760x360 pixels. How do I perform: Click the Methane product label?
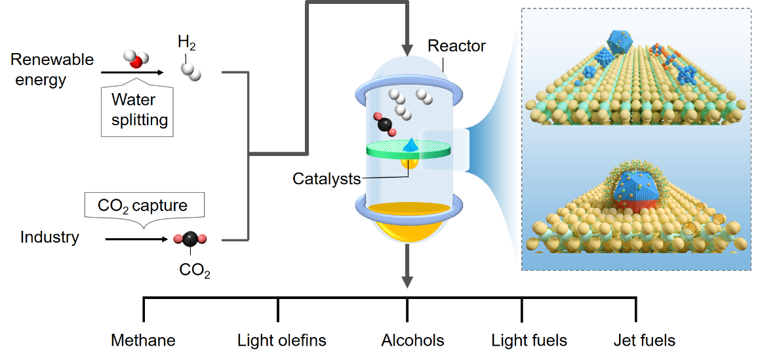coord(143,340)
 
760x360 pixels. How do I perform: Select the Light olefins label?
coord(281,340)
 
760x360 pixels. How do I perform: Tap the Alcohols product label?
coord(412,340)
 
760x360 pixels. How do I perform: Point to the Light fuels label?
coord(529,340)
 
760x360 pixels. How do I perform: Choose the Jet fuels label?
coord(644,340)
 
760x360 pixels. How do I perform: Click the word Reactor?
coord(456,46)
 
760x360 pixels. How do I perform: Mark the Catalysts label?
coord(327,178)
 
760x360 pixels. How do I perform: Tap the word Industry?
coord(49,237)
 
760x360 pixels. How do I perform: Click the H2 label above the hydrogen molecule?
coord(187,45)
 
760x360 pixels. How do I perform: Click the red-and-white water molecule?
coord(135,60)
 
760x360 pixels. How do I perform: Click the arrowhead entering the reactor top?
coord(407,50)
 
